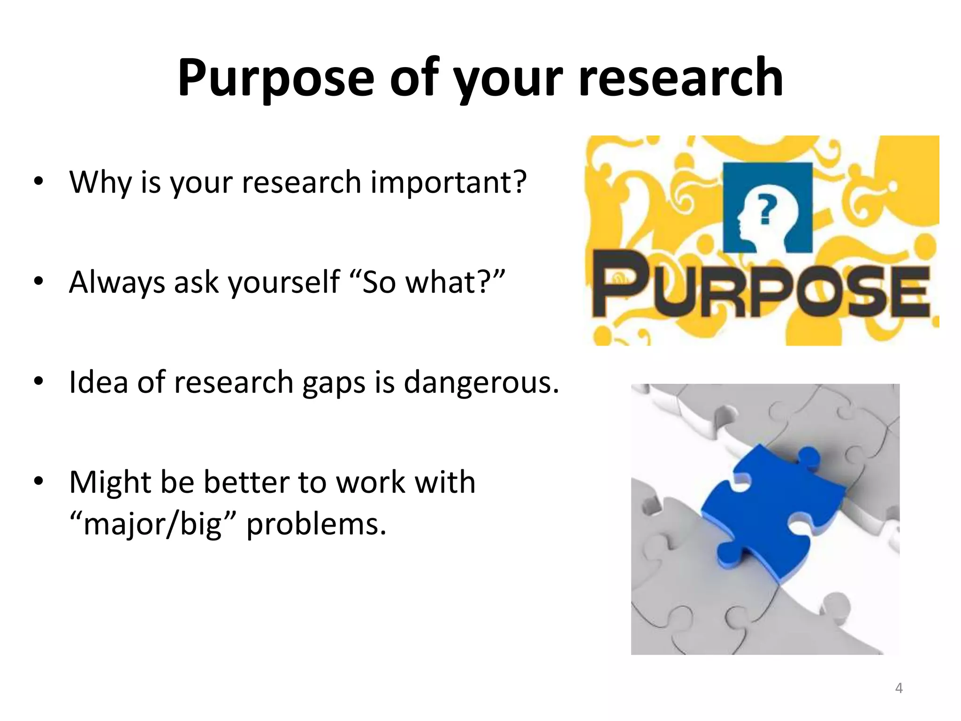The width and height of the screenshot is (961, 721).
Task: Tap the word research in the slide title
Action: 680,77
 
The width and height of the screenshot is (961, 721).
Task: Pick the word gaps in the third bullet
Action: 334,383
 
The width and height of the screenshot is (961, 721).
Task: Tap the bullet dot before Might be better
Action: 38,482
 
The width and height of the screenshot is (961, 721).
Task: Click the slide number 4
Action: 899,688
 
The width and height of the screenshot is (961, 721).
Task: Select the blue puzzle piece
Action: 774,512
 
